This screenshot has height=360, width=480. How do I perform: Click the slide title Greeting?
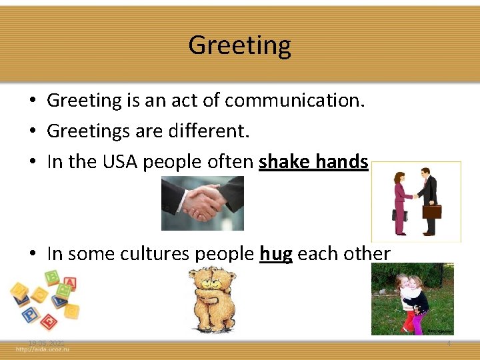pos(239,45)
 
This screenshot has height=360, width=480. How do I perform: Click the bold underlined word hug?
pos(275,254)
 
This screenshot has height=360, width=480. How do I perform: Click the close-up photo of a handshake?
pos(203,203)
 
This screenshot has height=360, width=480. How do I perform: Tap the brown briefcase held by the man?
pos(432,211)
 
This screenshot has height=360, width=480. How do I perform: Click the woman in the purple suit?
pos(400,203)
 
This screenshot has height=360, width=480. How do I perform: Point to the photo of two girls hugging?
pos(412,299)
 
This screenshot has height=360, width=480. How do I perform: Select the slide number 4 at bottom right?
pos(449,343)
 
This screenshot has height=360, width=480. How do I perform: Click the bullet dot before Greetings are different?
pos(32,132)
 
